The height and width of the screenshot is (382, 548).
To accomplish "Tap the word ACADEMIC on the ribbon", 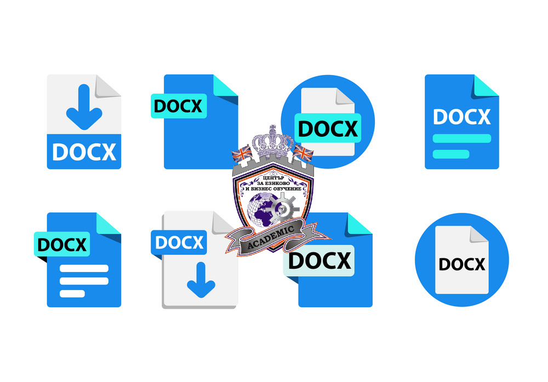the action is coord(271,238).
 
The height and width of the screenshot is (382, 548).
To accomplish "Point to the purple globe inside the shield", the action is coord(261,210).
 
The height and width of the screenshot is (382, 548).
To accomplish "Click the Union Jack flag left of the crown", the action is coord(242,154).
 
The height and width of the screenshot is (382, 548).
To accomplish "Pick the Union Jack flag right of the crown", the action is coord(303,153).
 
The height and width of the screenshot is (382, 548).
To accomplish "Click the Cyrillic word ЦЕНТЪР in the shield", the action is coord(273,178).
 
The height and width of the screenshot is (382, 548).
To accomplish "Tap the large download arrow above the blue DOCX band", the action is coord(84,107).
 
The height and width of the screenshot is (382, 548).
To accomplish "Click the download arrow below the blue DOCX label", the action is coord(201,280).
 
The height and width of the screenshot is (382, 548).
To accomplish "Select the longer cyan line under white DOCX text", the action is coord(461,138).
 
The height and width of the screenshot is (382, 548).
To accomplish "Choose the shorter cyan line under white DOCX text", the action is coord(451,154).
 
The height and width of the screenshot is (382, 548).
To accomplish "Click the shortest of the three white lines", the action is coord(72,294).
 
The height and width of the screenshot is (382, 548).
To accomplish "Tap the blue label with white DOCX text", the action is coord(179,242).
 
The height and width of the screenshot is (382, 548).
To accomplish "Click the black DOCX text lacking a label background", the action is coord(461,264).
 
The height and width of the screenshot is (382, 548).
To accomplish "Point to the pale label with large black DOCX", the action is coord(319,261).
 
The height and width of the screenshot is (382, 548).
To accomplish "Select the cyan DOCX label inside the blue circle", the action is coord(328,128).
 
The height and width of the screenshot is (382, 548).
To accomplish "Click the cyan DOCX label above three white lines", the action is coord(62,245).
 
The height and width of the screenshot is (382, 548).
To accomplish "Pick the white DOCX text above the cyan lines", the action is coord(461,117).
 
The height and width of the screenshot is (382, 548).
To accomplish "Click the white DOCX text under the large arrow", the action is coord(84,152).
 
